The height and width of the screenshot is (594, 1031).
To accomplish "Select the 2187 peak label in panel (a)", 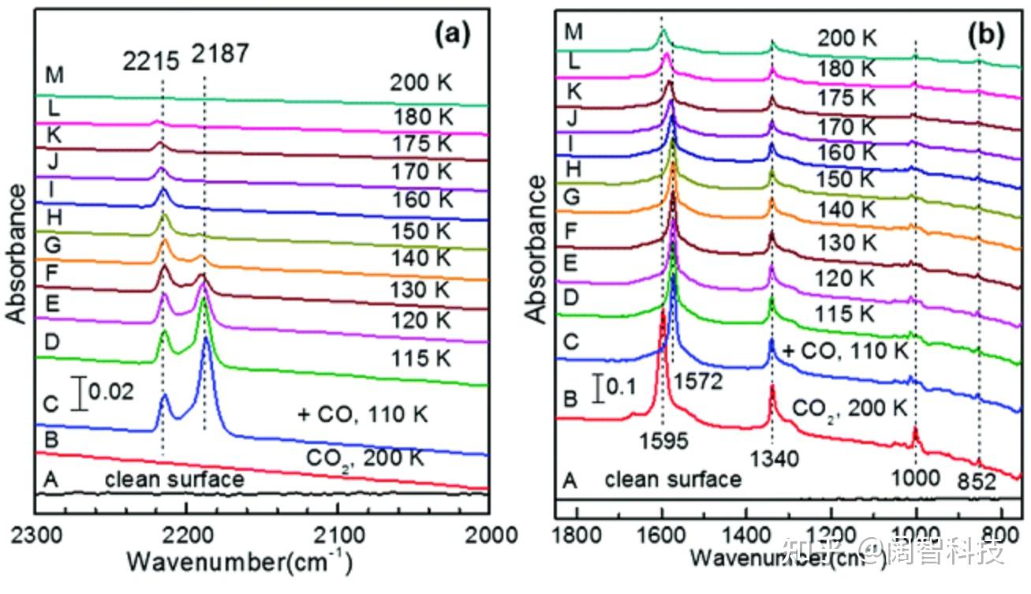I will pos(219,54).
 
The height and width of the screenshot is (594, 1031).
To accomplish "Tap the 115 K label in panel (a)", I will pos(421,358).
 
